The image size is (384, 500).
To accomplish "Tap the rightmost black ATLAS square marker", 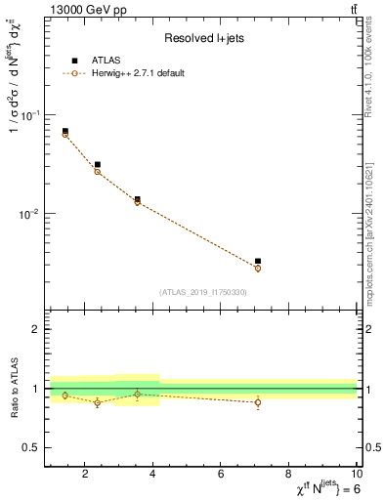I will coord(258,262).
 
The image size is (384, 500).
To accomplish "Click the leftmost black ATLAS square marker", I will coord(65,131).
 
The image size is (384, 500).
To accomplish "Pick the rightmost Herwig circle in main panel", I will coord(258,268).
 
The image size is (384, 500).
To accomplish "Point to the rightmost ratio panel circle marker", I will coord(258,402).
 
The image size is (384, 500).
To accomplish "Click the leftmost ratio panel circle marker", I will coord(65,396).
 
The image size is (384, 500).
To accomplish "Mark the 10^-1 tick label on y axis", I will coord(29,115).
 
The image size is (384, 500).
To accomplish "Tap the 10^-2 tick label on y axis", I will coord(29,214).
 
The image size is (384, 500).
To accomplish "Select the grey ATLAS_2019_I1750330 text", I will coord(203,292).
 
